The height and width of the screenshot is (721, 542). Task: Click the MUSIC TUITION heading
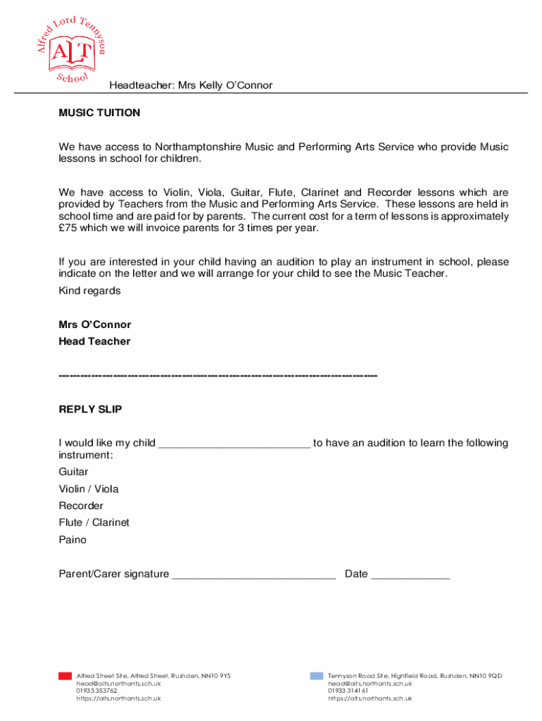[x=99, y=113]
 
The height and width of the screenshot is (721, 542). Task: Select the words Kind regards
[x=89, y=291]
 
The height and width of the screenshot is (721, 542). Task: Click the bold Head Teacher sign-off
[x=94, y=341]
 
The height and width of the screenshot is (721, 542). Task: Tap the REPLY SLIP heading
[x=90, y=409]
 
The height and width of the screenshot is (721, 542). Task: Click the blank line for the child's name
[x=234, y=444]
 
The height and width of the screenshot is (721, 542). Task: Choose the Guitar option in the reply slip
[x=74, y=472]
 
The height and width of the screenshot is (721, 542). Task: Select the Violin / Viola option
[x=89, y=489]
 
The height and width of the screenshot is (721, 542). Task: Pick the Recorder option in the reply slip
[x=81, y=506]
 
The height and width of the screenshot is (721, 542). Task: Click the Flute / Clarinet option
[x=94, y=522]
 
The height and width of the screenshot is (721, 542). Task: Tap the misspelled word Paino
[x=73, y=540]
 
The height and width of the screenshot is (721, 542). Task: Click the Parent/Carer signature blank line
[x=253, y=575]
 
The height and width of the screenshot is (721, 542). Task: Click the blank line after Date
[x=410, y=575]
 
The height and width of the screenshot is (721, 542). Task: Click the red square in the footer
[x=65, y=676]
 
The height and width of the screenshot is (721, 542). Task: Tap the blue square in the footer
[x=317, y=676]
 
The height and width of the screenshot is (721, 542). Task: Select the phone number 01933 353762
[x=97, y=691]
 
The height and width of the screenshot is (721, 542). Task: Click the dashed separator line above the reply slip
[x=218, y=375]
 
